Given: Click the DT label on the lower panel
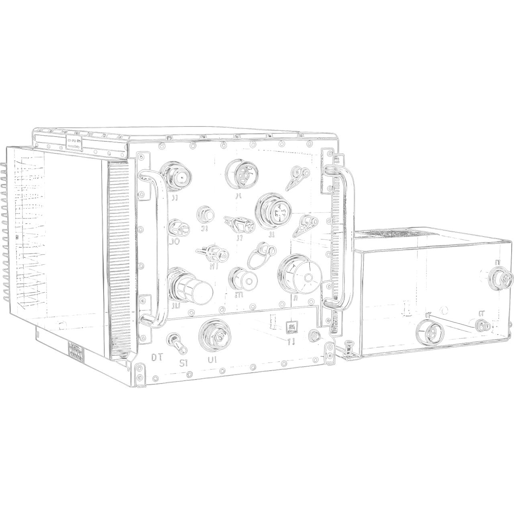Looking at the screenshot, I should tap(157, 357).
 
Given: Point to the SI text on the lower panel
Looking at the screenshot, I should tap(184, 363).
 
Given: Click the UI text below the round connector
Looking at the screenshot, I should tap(212, 359).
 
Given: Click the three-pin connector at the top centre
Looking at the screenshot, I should tap(242, 173).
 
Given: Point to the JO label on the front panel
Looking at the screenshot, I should tap(175, 242).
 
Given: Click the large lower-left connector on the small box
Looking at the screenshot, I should tap(430, 332).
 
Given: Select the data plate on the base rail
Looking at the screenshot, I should tap(76, 352).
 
